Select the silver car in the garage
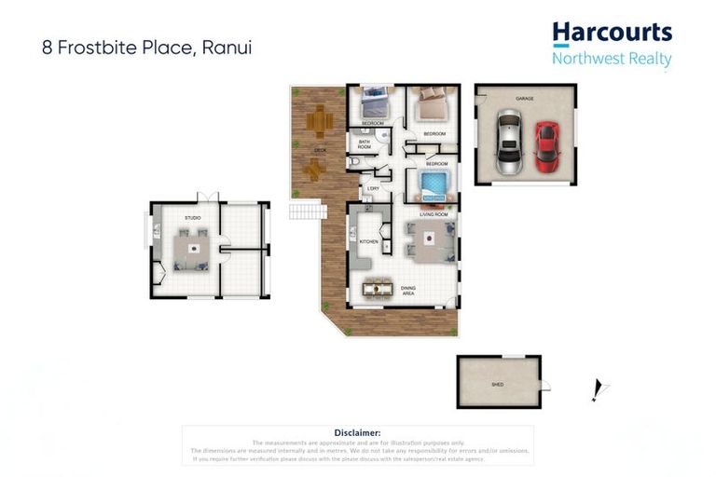(x=508, y=143)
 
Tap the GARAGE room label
(x=526, y=98)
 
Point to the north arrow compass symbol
(x=598, y=389)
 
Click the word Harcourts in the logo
(x=612, y=34)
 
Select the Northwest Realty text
(x=612, y=59)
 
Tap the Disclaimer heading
(x=357, y=433)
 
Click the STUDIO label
(x=194, y=219)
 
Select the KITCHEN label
(x=369, y=242)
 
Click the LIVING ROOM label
(x=434, y=214)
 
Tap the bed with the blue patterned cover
(x=434, y=183)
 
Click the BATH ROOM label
(x=365, y=144)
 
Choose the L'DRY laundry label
(x=372, y=188)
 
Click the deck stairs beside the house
(x=306, y=212)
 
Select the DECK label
(x=320, y=149)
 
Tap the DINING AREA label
(x=408, y=291)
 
